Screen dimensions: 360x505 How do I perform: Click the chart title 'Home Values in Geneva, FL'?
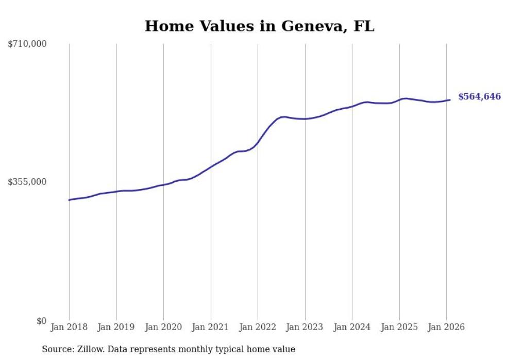click(x=259, y=26)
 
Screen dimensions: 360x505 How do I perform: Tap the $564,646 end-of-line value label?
click(x=479, y=97)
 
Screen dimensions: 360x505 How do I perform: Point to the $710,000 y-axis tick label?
click(x=27, y=44)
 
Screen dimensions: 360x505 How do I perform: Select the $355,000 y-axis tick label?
click(x=27, y=182)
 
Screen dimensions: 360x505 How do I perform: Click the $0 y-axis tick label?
click(x=41, y=321)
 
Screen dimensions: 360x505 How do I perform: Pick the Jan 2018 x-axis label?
click(x=69, y=328)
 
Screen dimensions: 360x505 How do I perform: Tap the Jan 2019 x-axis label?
click(x=116, y=328)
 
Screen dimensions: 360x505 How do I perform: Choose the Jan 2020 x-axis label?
click(x=163, y=328)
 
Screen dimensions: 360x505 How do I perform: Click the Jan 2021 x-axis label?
click(x=211, y=328)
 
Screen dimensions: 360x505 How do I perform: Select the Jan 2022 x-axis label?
click(x=258, y=328)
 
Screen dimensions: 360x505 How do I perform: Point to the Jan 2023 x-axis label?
click(x=305, y=328)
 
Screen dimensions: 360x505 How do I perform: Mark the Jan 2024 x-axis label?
click(x=352, y=328)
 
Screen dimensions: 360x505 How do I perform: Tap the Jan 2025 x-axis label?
click(x=399, y=328)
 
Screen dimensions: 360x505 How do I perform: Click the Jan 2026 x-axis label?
click(x=446, y=328)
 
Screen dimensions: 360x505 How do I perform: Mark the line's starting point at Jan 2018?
click(x=69, y=200)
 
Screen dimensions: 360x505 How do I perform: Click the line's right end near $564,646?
click(x=450, y=100)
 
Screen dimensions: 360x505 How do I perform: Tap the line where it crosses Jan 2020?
click(x=163, y=184)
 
